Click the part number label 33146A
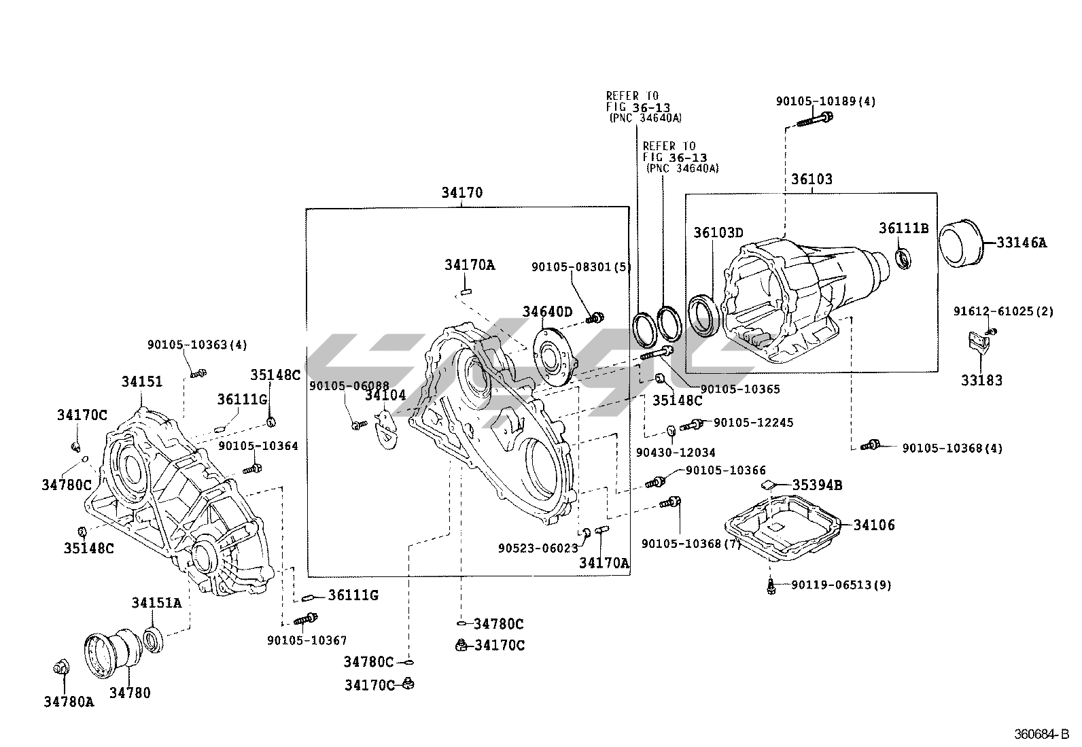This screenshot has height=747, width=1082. click(x=1022, y=242)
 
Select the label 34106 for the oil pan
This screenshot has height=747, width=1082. click(x=874, y=525)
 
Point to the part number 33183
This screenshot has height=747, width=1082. click(x=981, y=380)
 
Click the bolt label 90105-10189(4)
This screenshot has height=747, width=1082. click(x=826, y=101)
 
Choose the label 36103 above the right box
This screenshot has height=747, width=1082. click(x=811, y=179)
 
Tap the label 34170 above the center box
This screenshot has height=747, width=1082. click(x=461, y=192)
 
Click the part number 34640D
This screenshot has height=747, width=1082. click(x=547, y=312)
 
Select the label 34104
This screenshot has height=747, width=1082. click(x=385, y=395)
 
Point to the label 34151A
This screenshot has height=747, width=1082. click(x=157, y=602)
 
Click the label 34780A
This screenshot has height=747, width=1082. click(x=69, y=701)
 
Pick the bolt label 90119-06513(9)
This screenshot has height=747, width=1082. click(x=841, y=585)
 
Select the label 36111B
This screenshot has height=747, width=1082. click(x=903, y=228)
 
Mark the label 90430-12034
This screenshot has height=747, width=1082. click(x=676, y=452)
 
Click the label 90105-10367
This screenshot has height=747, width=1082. click(x=307, y=640)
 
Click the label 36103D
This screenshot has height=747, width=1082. click(x=718, y=232)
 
